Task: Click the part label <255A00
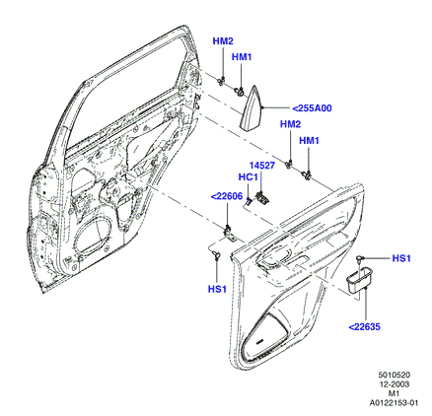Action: pyautogui.click(x=312, y=108)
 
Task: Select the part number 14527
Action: pyautogui.click(x=261, y=166)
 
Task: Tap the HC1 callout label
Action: pyautogui.click(x=248, y=177)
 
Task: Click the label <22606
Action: pyautogui.click(x=227, y=196)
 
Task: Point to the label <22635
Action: pyautogui.click(x=364, y=326)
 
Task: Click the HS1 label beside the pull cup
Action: pyautogui.click(x=401, y=258)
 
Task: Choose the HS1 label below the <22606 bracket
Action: pyautogui.click(x=217, y=289)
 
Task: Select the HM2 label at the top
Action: pyautogui.click(x=223, y=41)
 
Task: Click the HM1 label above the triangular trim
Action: pyautogui.click(x=242, y=57)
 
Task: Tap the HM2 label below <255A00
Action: pyautogui.click(x=291, y=124)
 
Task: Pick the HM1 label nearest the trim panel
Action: pyautogui.click(x=309, y=141)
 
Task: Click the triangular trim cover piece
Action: pyautogui.click(x=252, y=108)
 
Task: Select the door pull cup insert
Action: pyautogui.click(x=359, y=279)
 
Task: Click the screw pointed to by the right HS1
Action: pyautogui.click(x=360, y=258)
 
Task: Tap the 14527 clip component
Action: pyautogui.click(x=263, y=196)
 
